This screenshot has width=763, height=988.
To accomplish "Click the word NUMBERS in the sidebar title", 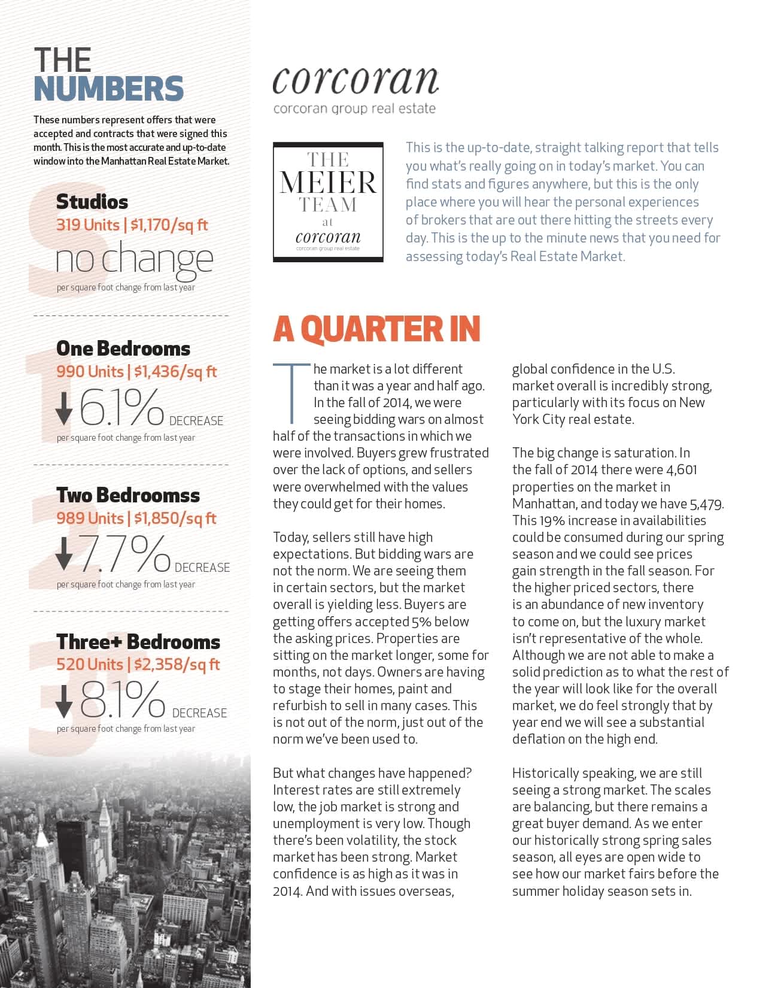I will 108,89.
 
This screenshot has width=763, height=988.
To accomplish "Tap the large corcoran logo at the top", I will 355,80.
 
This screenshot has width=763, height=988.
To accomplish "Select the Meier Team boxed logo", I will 328,202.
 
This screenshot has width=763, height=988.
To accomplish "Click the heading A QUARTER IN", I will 376,329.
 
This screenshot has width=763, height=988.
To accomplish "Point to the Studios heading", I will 92,202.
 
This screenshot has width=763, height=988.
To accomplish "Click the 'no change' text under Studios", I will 134,259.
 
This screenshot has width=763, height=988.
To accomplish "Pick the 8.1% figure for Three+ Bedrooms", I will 123,699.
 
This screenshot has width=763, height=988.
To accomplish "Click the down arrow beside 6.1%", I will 63,409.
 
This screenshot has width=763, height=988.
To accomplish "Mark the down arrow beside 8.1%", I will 63,702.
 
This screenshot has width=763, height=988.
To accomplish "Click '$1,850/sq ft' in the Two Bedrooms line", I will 175,518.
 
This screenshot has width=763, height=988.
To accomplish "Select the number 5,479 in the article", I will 706,504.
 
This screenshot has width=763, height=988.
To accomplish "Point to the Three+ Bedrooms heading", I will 138,642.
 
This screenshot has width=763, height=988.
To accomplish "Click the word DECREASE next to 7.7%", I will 202,567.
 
